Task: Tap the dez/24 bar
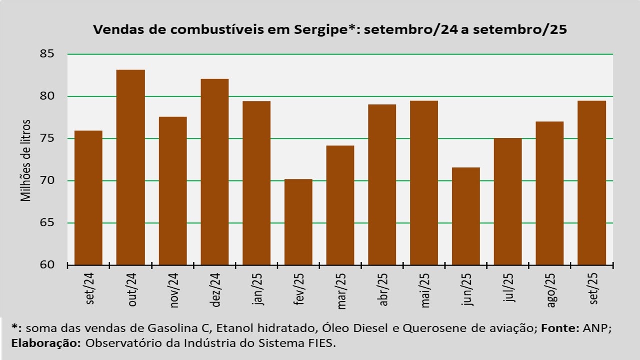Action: pos(214,172)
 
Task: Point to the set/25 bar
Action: pos(592,183)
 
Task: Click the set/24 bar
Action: pos(88,198)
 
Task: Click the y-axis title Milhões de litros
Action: pos(26,160)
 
